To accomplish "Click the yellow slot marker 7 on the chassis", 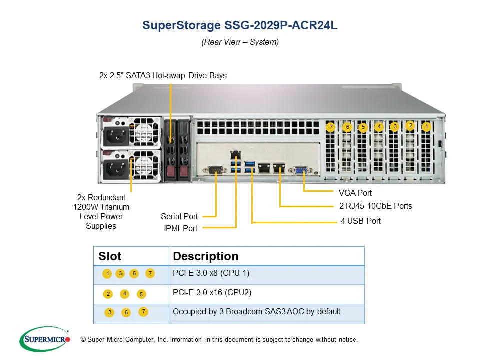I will tap(330, 127).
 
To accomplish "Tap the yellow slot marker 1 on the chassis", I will tap(426, 127).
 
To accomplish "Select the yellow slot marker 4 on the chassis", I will tap(379, 127).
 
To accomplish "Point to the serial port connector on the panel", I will tap(214, 171).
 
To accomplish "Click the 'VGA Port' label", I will tap(355, 193).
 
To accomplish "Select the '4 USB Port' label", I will tap(361, 221).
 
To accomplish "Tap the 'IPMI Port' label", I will tap(181, 228).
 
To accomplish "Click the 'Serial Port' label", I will tap(179, 216).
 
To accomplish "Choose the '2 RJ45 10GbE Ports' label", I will tap(376, 206).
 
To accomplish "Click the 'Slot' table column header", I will tap(110, 256).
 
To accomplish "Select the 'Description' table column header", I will tap(206, 256).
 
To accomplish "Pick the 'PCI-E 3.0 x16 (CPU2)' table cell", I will tap(212, 292).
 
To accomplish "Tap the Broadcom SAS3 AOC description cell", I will tap(256, 311).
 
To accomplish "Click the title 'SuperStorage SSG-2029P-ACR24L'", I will tap(240, 25).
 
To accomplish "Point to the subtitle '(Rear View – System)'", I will tap(240, 42).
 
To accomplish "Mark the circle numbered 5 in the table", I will tap(141, 294).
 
